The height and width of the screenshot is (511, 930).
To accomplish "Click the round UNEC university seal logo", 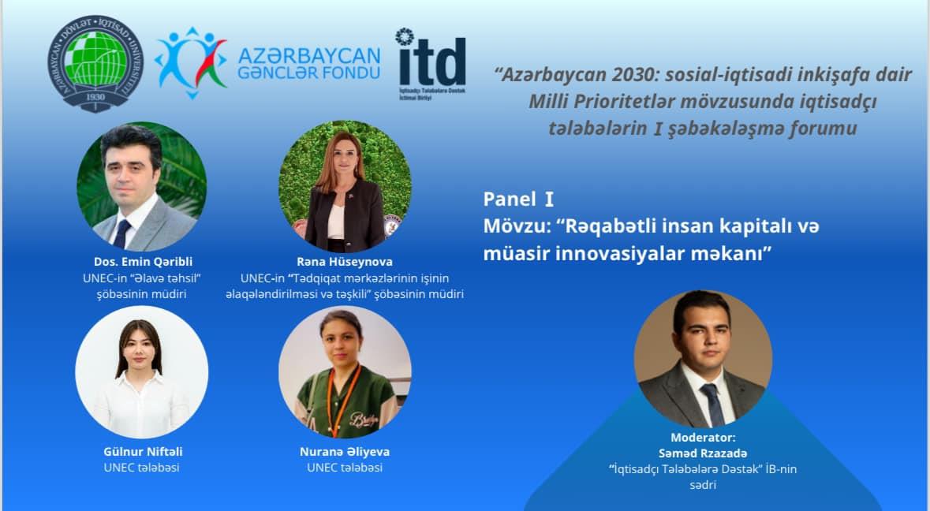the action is [x=95, y=63].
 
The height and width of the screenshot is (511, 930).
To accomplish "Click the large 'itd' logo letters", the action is [x=432, y=62].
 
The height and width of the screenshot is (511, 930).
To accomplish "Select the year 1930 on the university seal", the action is [x=95, y=97].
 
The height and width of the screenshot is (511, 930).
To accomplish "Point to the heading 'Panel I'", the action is [x=518, y=200].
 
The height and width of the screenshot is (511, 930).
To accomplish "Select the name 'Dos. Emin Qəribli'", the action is [x=143, y=262].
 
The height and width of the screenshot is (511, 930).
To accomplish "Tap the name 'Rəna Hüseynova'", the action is [x=345, y=262].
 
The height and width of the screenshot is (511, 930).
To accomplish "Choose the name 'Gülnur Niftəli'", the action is [x=143, y=452].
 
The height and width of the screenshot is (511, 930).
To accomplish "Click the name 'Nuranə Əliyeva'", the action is [x=345, y=452].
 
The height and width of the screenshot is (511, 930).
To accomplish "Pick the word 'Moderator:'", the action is [x=703, y=438].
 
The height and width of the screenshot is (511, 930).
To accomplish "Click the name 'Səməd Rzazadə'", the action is [x=703, y=453].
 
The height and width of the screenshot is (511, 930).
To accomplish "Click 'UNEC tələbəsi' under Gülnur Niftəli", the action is [x=142, y=468].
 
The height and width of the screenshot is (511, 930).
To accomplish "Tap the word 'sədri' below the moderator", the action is [x=703, y=486].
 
